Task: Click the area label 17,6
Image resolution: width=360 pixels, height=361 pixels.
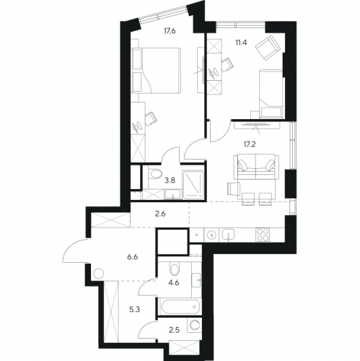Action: [170, 31]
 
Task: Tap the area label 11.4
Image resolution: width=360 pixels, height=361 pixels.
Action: [241, 43]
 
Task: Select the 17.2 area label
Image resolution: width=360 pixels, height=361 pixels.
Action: [250, 144]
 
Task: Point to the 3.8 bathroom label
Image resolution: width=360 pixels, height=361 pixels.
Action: [170, 180]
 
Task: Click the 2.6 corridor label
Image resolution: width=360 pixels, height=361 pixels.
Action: [160, 214]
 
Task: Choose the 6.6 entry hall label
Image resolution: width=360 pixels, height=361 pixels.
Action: [133, 257]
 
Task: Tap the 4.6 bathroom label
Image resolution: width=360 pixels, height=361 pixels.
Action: [174, 282]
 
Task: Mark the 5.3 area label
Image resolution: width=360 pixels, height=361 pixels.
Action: [135, 309]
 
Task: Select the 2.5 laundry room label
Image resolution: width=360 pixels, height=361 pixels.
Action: [175, 330]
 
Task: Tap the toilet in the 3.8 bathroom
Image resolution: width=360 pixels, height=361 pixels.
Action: [154, 174]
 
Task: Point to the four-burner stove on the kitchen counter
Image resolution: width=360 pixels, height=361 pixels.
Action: [263, 235]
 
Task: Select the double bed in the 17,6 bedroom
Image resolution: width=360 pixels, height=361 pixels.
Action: [156, 70]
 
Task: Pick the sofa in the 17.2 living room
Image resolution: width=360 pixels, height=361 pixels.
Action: [256, 168]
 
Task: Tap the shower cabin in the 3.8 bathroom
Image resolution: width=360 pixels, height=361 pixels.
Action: [193, 185]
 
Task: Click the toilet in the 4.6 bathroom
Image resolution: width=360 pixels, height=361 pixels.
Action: [175, 269]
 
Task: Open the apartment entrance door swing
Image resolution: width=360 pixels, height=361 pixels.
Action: [75, 251]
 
